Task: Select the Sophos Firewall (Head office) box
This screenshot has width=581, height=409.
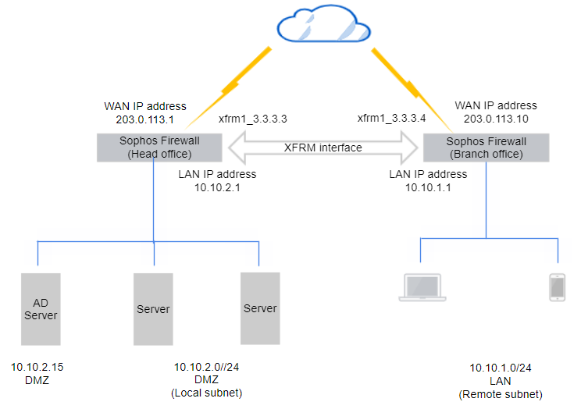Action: tap(159, 148)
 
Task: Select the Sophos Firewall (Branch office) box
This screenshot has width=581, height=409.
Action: tap(486, 148)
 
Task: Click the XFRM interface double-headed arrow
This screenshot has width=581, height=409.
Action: tap(323, 148)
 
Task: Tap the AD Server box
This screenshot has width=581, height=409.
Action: tap(41, 308)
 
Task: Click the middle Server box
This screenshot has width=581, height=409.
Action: tap(153, 308)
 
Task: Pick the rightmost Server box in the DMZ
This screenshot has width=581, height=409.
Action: tap(260, 308)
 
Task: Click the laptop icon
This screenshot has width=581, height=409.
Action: tap(422, 288)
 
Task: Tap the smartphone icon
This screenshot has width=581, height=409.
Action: tap(558, 287)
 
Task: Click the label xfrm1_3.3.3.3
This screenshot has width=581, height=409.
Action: tap(253, 119)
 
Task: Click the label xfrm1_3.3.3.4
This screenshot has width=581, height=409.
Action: tap(392, 119)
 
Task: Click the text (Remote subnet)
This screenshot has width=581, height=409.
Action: tap(500, 393)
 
